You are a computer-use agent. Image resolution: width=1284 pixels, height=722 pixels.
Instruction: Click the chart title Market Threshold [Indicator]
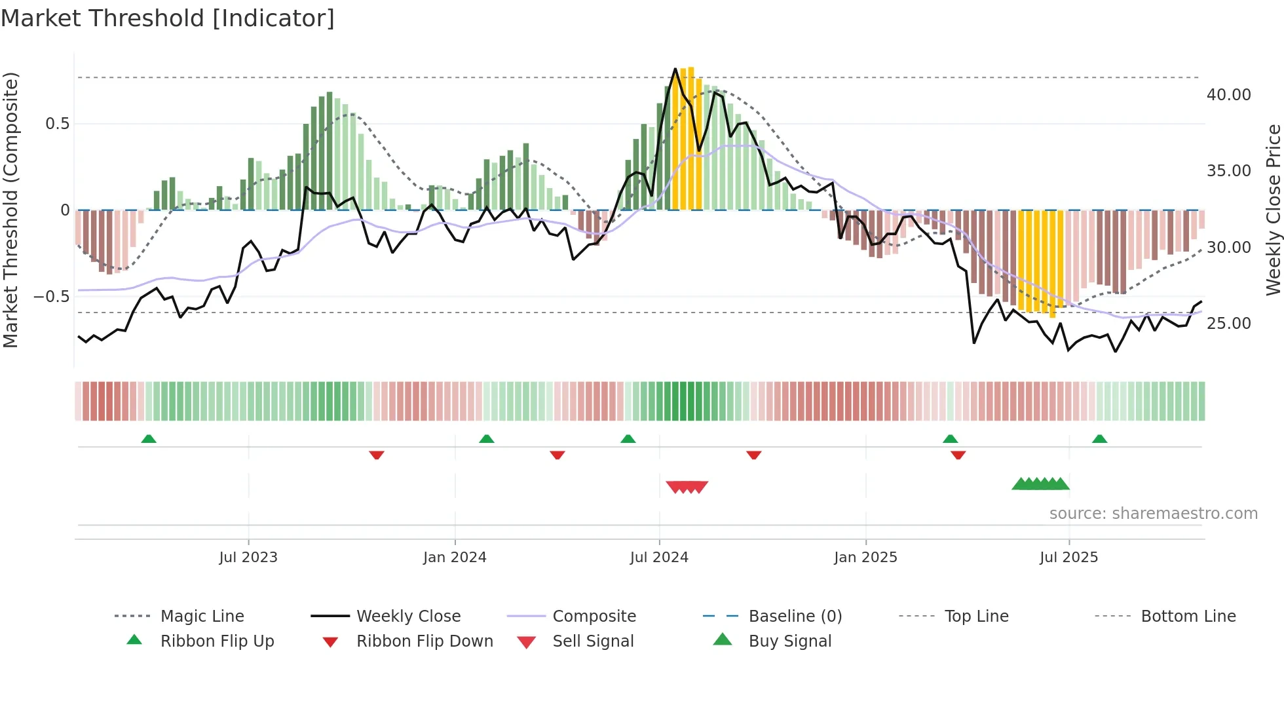coord(168,18)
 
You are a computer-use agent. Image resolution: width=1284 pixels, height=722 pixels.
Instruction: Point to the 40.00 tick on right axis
coord(1228,95)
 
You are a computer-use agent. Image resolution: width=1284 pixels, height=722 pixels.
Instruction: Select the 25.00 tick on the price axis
coord(1228,324)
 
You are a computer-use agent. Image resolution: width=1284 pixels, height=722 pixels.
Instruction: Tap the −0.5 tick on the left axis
coord(51,297)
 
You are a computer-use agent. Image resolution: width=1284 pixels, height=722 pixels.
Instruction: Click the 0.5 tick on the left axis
coord(57,124)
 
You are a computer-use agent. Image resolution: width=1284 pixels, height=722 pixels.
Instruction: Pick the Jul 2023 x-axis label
coord(248,558)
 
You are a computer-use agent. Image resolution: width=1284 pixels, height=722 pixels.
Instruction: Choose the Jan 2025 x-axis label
coord(865,558)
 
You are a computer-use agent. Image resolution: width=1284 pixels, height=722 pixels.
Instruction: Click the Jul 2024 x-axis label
coord(659,558)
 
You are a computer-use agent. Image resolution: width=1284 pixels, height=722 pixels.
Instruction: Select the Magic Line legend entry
coord(202,617)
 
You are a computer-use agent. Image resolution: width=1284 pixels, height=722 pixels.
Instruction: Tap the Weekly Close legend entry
coord(408,617)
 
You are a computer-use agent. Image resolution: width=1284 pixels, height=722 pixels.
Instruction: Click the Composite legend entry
coord(594,617)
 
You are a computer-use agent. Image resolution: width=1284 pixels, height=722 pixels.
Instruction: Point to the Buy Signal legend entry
coord(789,641)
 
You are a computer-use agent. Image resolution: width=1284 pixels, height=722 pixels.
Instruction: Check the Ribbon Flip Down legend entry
coord(425,641)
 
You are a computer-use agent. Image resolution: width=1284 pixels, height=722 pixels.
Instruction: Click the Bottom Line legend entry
coord(1188,617)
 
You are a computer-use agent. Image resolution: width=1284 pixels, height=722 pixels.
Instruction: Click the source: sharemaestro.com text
coord(1153,514)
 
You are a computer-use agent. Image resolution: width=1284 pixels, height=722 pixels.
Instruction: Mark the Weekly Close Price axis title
coord(1273,210)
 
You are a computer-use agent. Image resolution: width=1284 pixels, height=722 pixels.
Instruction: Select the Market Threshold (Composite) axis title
coord(10,210)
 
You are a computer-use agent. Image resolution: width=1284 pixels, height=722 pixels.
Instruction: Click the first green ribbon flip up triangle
coord(149,439)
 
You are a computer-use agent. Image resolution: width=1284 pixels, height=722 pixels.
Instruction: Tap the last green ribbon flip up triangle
coord(1099,439)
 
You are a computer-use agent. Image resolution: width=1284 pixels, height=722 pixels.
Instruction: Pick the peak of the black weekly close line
coord(675,69)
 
